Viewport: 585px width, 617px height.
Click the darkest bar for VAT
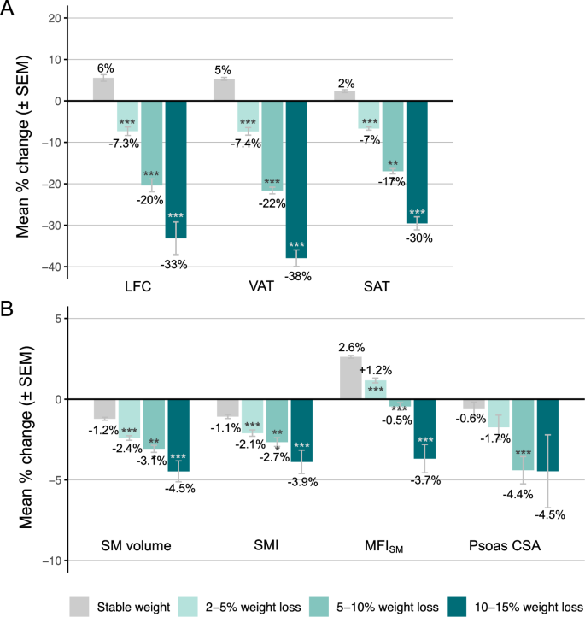click(x=296, y=179)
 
